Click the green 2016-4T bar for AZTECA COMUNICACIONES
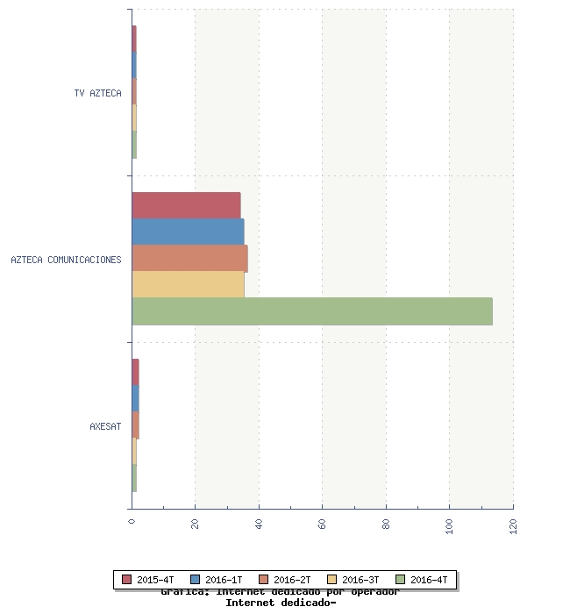point(311,311)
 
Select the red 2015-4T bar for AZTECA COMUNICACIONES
point(186,205)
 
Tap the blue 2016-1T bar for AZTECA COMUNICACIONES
point(188,232)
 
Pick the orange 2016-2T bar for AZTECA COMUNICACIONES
point(189,259)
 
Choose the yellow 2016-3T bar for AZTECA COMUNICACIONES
point(188,285)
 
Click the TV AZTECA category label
point(98,93)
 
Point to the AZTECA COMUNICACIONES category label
point(66,260)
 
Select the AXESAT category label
point(105,426)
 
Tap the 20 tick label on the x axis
point(196,524)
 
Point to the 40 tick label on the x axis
point(259,524)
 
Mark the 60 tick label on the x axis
point(323,524)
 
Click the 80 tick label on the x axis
point(386,524)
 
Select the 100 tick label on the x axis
point(450,525)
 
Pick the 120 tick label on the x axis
point(513,525)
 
